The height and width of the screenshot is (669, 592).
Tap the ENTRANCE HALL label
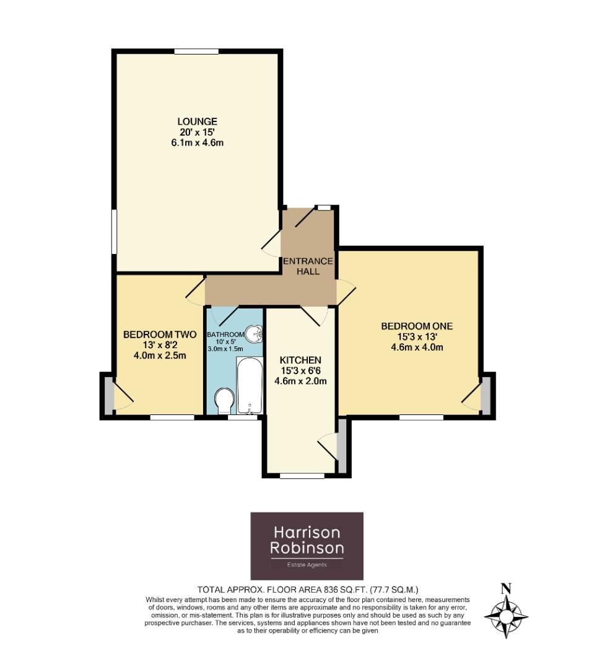coord(308,266)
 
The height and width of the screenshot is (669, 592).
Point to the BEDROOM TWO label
coord(155,334)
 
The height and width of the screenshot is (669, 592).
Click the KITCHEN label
coord(300,360)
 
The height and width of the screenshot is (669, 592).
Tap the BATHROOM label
coord(226,334)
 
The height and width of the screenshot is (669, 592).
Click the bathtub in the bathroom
coord(249,386)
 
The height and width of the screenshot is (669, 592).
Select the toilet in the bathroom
coord(224,400)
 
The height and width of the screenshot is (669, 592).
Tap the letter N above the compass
coord(506,588)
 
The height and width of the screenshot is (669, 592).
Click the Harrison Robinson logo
coord(307,545)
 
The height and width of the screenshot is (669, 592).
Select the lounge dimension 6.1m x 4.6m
coord(198,143)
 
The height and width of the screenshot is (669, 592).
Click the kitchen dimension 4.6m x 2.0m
coord(300,381)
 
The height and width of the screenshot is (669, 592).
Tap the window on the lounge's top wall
coord(196,52)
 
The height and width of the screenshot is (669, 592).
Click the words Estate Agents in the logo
coord(307,564)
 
